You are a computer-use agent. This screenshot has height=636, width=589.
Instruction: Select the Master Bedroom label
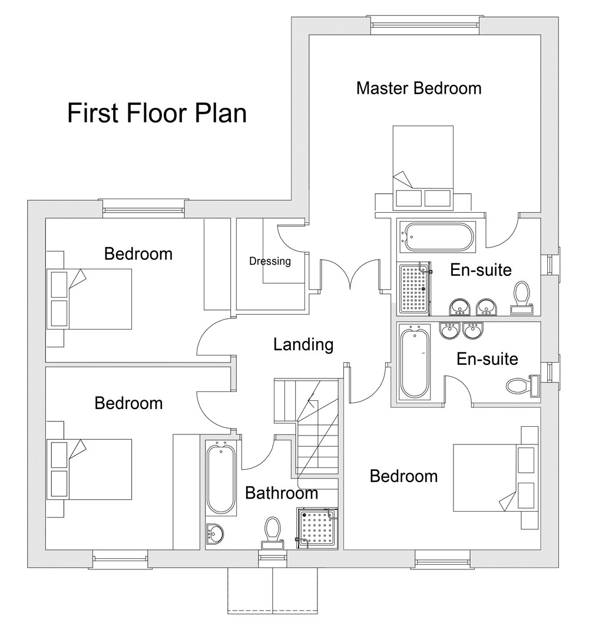click(419, 88)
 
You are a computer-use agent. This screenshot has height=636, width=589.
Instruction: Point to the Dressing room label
click(270, 261)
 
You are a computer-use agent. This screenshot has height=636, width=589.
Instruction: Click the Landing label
click(303, 345)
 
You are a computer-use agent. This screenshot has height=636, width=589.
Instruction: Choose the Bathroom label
click(281, 493)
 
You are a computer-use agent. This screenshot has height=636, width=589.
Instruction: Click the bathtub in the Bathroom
click(221, 478)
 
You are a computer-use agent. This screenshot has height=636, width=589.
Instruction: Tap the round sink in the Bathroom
click(215, 533)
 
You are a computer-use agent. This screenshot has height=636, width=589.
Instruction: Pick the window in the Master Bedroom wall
click(425, 24)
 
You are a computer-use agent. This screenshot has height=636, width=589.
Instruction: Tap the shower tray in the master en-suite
click(414, 288)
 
